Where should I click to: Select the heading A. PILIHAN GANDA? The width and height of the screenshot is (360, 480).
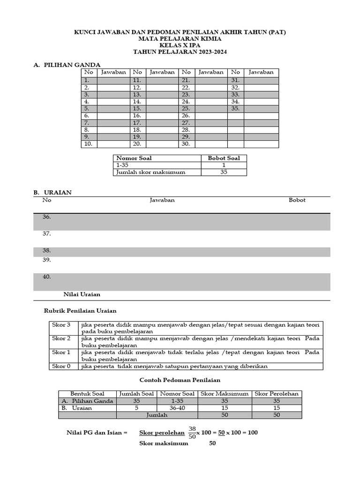[x=67, y=65]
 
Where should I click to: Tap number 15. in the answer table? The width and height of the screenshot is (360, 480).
[x=137, y=108]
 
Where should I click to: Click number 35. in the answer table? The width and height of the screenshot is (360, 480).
[x=235, y=108]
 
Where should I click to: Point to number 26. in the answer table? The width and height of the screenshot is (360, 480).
[x=186, y=115]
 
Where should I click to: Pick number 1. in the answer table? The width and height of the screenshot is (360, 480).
[x=86, y=80]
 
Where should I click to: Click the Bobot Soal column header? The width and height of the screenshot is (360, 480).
[x=224, y=158]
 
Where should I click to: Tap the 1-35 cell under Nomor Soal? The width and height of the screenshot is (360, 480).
[x=122, y=165]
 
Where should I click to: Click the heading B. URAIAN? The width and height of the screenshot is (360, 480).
[x=52, y=193]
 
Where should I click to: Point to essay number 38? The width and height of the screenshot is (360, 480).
[x=47, y=251]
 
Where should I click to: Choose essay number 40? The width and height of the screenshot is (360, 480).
[x=47, y=277]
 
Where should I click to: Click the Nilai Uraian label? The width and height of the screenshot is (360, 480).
[x=82, y=294]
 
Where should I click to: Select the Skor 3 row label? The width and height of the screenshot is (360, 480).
[x=61, y=325]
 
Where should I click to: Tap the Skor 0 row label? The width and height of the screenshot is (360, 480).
[x=61, y=366]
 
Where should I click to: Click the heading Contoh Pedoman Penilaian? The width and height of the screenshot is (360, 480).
[x=180, y=380]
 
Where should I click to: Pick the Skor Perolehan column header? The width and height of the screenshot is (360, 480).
[x=277, y=394]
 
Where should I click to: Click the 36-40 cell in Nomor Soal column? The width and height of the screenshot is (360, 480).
[x=177, y=408]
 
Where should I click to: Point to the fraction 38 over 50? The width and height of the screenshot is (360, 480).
[x=192, y=432]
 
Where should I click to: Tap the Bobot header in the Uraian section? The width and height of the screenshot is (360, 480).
[x=297, y=200]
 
